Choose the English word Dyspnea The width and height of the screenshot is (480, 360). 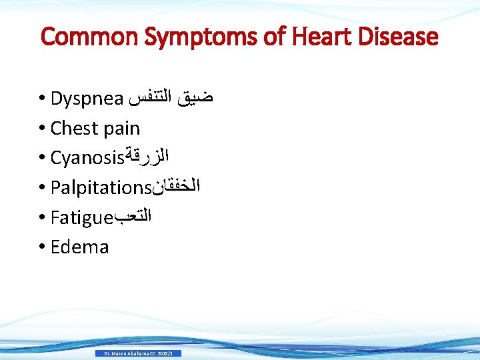tap(87, 99)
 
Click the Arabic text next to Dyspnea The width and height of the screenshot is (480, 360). tap(172, 99)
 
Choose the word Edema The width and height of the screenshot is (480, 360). tap(79, 247)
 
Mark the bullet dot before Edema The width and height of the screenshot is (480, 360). tap(43, 247)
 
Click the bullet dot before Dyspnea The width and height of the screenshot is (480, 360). tap(43, 99)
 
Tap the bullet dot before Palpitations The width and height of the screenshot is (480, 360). tap(43, 188)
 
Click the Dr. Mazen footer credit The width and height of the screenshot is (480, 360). tap(138, 353)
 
